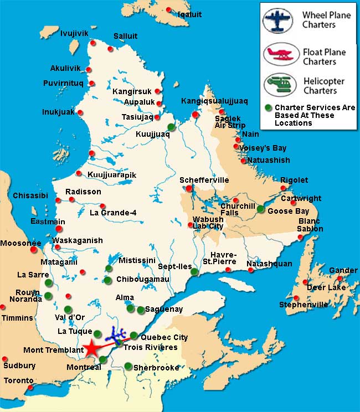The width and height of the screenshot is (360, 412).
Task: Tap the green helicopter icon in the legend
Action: [280, 84]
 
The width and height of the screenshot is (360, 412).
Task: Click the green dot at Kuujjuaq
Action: [171, 127]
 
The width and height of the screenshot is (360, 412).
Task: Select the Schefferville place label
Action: [204, 181]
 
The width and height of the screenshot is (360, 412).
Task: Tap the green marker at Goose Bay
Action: [261, 209]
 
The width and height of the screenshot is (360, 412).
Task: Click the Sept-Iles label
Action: [175, 266]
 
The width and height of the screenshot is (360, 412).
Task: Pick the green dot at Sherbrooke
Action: [128, 366]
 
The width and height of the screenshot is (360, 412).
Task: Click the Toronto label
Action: [19, 380]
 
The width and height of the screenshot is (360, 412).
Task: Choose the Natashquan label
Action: [269, 264]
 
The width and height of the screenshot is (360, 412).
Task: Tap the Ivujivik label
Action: [74, 33]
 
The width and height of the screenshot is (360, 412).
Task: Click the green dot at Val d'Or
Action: [68, 309]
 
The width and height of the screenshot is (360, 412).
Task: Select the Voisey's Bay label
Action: [263, 148]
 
